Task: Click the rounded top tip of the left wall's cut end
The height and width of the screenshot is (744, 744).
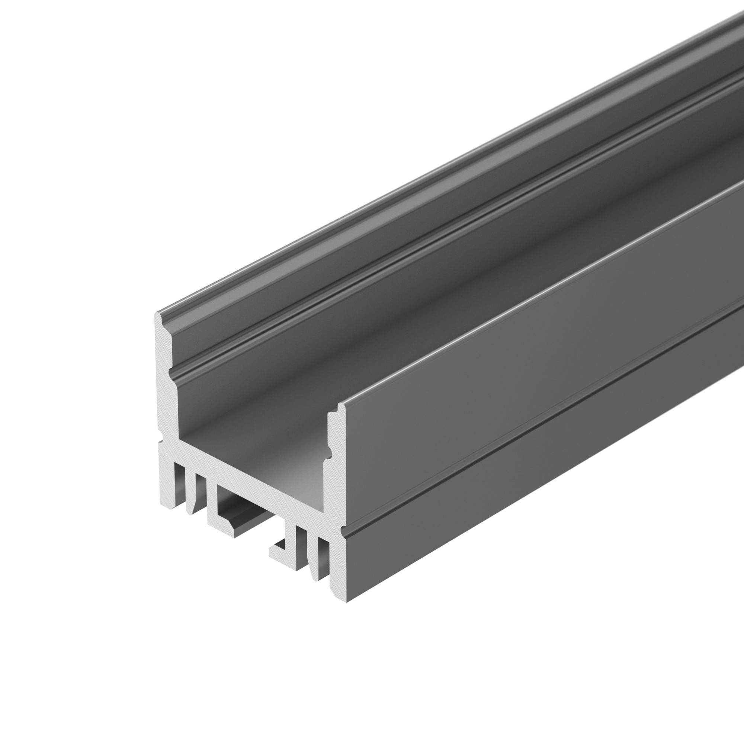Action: (x=157, y=315)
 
